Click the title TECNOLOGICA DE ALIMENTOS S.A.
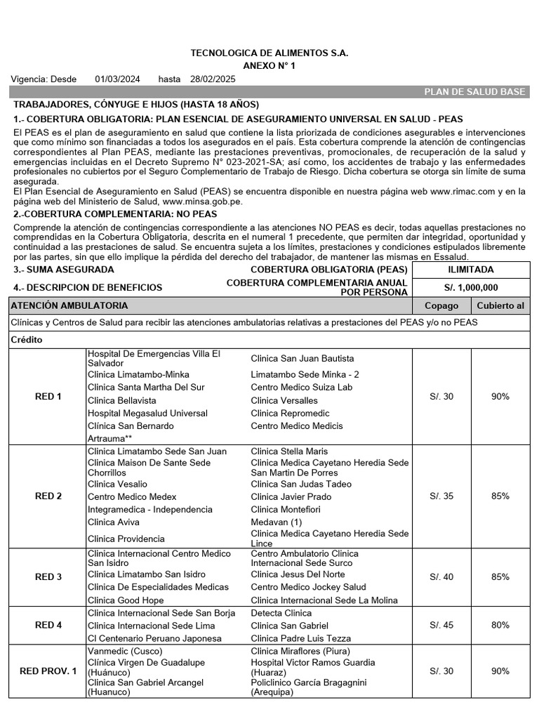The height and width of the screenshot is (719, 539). [x=269, y=53]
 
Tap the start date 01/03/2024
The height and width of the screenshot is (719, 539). [x=117, y=79]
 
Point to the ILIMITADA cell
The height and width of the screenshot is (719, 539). [x=470, y=270]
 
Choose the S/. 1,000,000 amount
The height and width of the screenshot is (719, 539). [x=470, y=287]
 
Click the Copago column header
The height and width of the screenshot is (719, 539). [x=441, y=305]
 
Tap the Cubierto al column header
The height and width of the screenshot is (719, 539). [x=500, y=305]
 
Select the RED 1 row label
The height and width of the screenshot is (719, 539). [x=48, y=397]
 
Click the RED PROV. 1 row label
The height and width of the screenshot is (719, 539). [x=48, y=671]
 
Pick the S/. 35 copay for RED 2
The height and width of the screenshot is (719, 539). [x=441, y=496]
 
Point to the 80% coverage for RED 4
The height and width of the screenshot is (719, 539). [x=500, y=625]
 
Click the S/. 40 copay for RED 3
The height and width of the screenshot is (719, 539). [x=441, y=577]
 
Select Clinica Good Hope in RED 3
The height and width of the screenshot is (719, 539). [x=126, y=600]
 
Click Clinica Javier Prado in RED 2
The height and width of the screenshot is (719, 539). [x=291, y=497]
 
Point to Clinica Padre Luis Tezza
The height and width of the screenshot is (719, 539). [x=300, y=639]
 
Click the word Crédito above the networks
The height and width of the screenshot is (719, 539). [x=27, y=340]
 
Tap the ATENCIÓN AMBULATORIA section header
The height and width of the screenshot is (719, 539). [x=69, y=305]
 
